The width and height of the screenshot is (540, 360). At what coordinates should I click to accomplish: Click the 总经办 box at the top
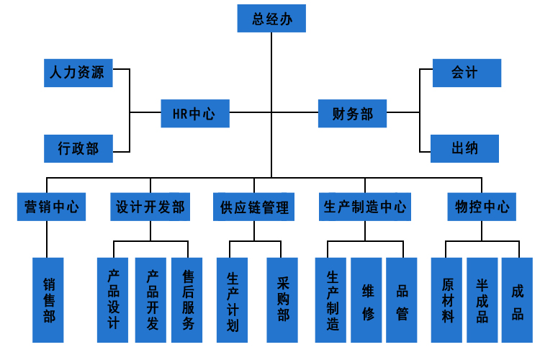coord(271,19)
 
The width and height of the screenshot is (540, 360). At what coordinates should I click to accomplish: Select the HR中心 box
coord(194,113)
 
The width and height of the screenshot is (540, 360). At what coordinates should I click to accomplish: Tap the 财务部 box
coord(353,113)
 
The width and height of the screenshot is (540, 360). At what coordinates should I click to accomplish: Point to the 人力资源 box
coord(78,73)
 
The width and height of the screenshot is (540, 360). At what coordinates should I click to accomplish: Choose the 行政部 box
coord(78,149)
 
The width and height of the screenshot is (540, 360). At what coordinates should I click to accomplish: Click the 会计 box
coord(466,73)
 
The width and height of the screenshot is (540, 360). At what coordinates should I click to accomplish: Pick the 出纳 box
coord(464,149)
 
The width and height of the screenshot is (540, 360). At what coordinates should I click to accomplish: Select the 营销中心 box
coord(48,207)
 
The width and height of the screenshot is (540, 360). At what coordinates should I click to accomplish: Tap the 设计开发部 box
coord(150,207)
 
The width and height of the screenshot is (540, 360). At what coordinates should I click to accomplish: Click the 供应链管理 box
coord(254,207)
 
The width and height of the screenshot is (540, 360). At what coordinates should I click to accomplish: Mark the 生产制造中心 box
coord(364,207)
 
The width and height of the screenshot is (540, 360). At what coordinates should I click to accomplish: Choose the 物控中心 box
coord(482,207)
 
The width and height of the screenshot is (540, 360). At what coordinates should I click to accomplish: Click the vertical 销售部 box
coord(48,300)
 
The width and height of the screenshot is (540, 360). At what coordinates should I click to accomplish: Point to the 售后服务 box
coord(188,300)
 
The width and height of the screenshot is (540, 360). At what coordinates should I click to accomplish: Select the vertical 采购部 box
coord(282,300)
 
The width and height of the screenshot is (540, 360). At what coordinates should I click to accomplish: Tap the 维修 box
coord(366,300)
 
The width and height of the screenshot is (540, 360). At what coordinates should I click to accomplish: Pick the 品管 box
coord(402,300)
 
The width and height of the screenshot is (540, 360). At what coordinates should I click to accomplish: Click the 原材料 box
coord(447,300)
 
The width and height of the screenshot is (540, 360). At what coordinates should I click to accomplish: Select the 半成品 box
coord(482,300)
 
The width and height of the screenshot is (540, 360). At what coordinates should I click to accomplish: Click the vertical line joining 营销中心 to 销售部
coord(48,239)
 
